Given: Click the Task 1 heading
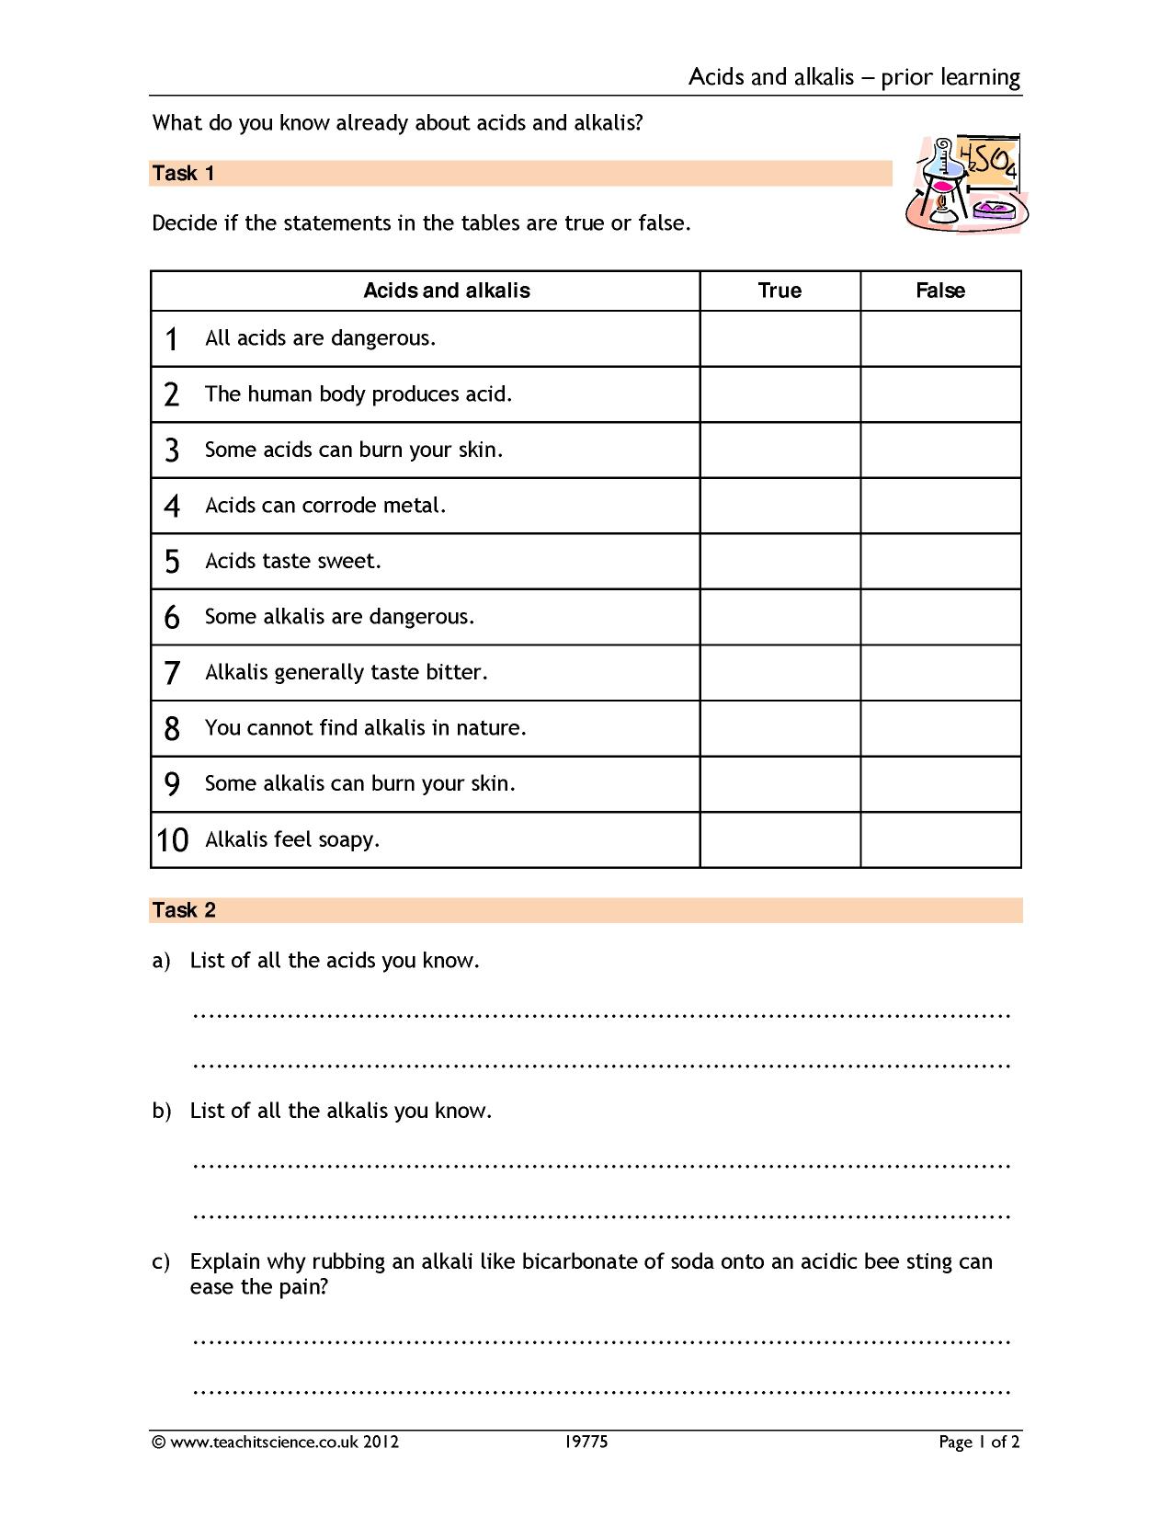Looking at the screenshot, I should [184, 173].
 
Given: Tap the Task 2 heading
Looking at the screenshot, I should [184, 909].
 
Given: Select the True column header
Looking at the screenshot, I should [779, 291].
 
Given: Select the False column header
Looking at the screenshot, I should [940, 291].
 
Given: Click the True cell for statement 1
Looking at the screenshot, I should [779, 338].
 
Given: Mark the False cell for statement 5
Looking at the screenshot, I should [940, 561].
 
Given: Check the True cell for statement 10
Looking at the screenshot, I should [779, 839].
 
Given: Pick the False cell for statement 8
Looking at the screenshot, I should [940, 728].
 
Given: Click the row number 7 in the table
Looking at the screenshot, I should [172, 673].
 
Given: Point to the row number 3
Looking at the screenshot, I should [172, 451].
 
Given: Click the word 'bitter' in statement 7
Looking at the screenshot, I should [456, 672].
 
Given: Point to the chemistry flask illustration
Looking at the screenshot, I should [966, 184].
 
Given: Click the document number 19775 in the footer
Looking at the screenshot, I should [586, 1442].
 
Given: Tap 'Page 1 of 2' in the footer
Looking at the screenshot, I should [979, 1442].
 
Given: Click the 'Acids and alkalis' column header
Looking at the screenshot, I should [447, 291].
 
